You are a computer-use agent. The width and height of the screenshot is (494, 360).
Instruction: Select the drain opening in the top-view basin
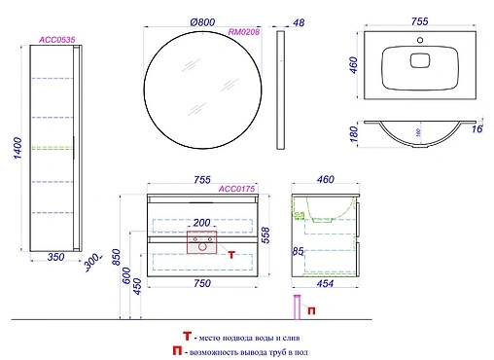tap(421, 61)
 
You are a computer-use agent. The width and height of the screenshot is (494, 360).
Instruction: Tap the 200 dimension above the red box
tap(202, 223)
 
